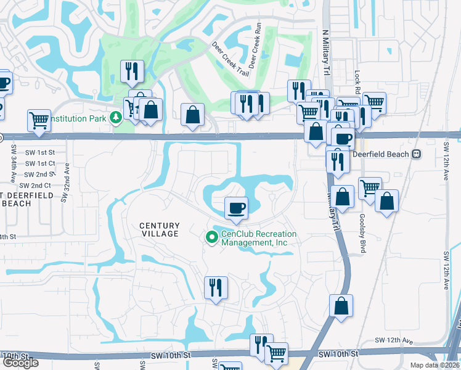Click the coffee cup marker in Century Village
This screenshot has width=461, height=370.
click(x=235, y=208)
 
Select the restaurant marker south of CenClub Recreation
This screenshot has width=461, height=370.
click(x=216, y=288)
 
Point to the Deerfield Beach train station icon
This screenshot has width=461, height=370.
click(x=417, y=154)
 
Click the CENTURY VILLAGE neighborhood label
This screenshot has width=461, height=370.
click(x=159, y=229)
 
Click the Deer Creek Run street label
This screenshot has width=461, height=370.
click(x=256, y=47)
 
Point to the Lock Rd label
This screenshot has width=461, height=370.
click(x=357, y=78)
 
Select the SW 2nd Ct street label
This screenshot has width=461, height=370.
click(x=35, y=185)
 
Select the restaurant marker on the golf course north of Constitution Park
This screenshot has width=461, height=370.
click(x=133, y=72)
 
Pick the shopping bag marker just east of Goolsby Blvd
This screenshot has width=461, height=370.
click(x=386, y=201)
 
